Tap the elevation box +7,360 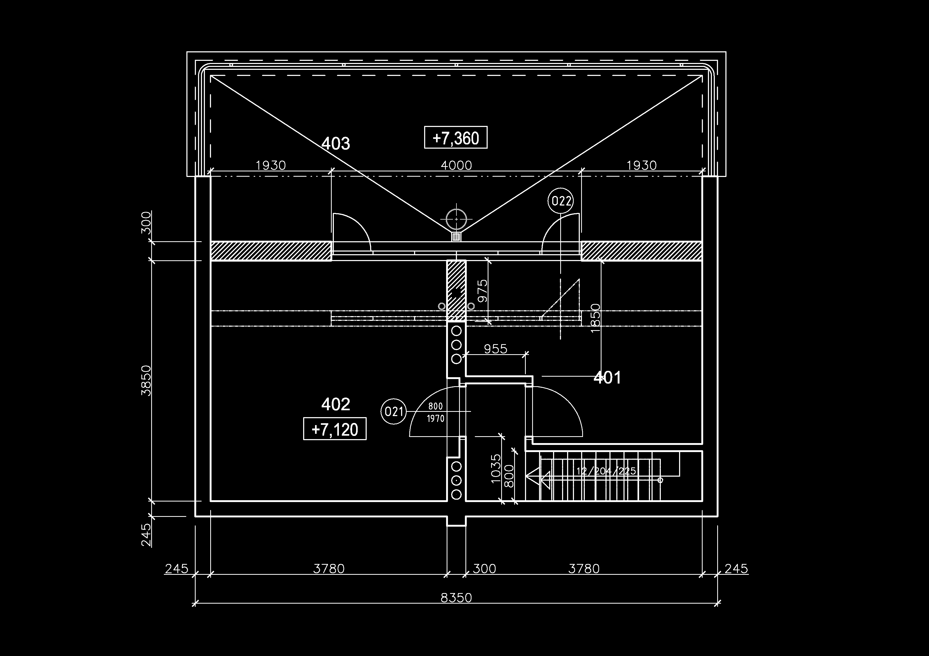[456, 138]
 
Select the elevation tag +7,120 [335, 429]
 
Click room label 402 [335, 404]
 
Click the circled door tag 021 [394, 412]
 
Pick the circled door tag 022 [561, 201]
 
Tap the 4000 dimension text [456, 165]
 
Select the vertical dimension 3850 [146, 380]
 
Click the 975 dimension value [483, 291]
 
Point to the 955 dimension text [495, 348]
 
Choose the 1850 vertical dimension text [596, 318]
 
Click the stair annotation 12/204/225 [606, 471]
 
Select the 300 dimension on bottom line [484, 569]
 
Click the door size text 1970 [435, 418]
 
